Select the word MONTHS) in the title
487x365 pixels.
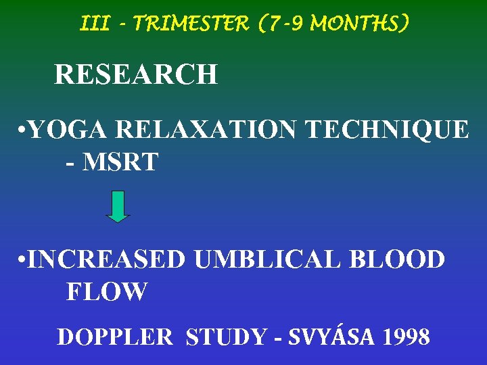point(358,24)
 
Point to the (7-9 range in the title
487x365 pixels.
point(277,24)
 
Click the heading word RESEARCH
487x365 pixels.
point(135,74)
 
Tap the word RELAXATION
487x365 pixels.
point(206,128)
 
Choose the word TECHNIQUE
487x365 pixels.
point(385,128)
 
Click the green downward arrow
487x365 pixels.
point(118,206)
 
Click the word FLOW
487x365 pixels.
point(106,292)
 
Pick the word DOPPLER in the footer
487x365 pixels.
point(115,336)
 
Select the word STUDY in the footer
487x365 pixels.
point(225,336)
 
